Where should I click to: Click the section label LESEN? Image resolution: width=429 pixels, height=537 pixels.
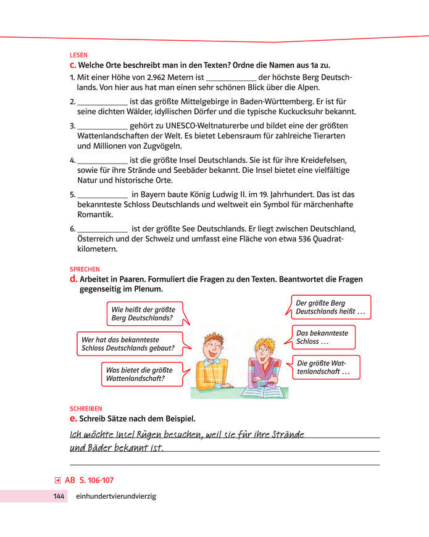78,55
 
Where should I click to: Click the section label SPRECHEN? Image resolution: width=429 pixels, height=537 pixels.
85,270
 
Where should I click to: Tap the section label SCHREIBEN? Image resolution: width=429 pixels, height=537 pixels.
86,409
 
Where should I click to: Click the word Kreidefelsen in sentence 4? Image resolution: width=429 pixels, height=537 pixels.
327,159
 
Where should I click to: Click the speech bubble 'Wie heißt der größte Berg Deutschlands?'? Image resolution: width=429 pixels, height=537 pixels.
143,314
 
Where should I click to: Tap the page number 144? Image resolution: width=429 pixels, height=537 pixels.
59,496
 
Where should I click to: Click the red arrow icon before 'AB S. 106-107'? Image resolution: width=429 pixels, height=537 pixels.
57,480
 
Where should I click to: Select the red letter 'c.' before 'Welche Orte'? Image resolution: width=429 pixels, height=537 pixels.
73,65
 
